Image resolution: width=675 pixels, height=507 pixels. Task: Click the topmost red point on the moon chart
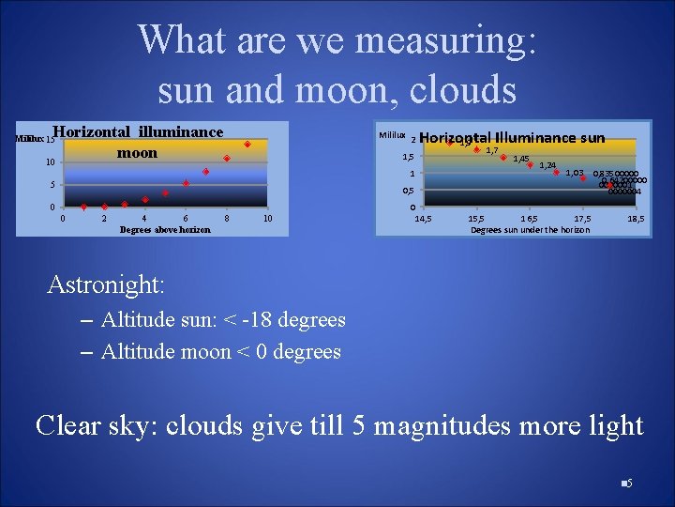(247, 145)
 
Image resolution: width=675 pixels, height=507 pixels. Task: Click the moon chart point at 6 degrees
(186, 184)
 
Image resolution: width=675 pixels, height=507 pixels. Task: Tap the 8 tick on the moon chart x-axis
(227, 219)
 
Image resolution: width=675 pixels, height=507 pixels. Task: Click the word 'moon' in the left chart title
(137, 152)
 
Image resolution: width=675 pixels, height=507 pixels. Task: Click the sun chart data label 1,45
(521, 159)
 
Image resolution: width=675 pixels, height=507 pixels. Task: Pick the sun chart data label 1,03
(574, 173)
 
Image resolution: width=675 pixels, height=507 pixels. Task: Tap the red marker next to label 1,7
(477, 150)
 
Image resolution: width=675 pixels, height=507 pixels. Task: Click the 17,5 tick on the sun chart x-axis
(582, 218)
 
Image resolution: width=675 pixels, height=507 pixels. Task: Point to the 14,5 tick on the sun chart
(423, 218)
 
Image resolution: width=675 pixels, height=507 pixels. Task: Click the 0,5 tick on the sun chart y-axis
(407, 192)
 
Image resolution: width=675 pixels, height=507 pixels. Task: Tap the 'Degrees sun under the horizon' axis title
(530, 229)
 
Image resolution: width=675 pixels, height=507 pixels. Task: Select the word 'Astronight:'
(106, 284)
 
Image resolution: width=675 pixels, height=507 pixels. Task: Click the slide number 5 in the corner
(629, 484)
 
